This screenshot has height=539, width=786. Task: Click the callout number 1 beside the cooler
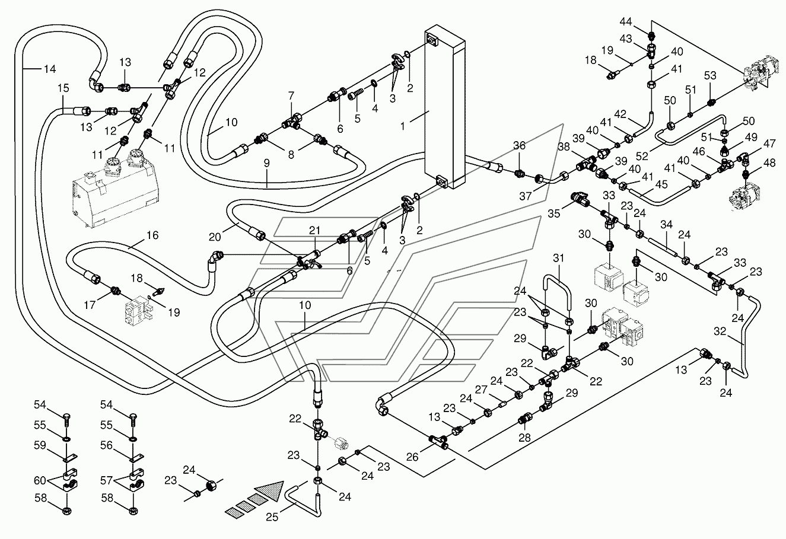403,126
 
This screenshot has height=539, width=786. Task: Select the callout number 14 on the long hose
50,69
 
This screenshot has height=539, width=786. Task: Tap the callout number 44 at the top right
626,22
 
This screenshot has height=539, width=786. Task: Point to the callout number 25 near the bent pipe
272,517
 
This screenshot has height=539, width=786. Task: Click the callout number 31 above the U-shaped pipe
558,258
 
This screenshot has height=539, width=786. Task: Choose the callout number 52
642,156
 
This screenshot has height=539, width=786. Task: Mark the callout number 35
554,213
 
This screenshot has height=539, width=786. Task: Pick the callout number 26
412,457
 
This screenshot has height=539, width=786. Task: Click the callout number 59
40,445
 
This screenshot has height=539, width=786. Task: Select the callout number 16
152,235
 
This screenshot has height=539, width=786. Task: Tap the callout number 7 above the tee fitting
291,95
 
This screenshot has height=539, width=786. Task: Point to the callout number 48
769,163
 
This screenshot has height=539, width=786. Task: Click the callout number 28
524,438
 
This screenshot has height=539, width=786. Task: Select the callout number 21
314,231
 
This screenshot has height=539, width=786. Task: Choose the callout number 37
526,196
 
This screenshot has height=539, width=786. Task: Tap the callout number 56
107,445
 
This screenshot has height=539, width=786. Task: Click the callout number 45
661,184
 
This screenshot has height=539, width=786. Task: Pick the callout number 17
90,305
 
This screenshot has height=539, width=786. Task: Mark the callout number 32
720,331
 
